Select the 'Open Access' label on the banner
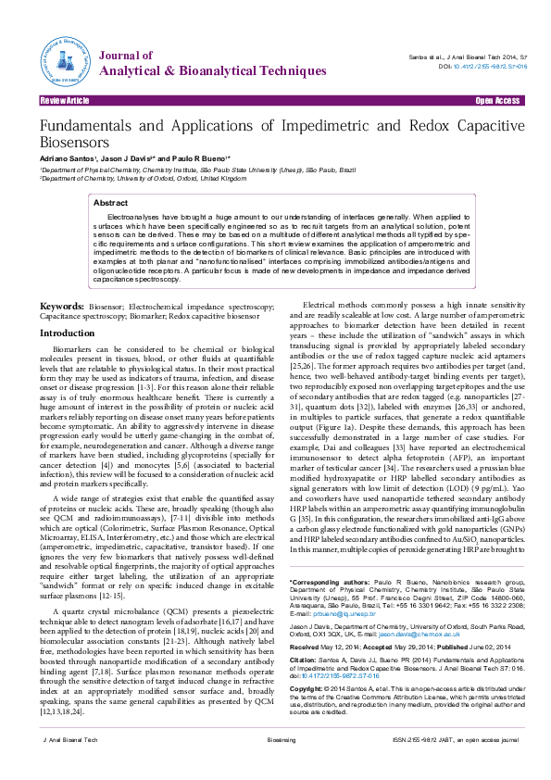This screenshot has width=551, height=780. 497,100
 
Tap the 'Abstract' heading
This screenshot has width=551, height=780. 111,202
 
